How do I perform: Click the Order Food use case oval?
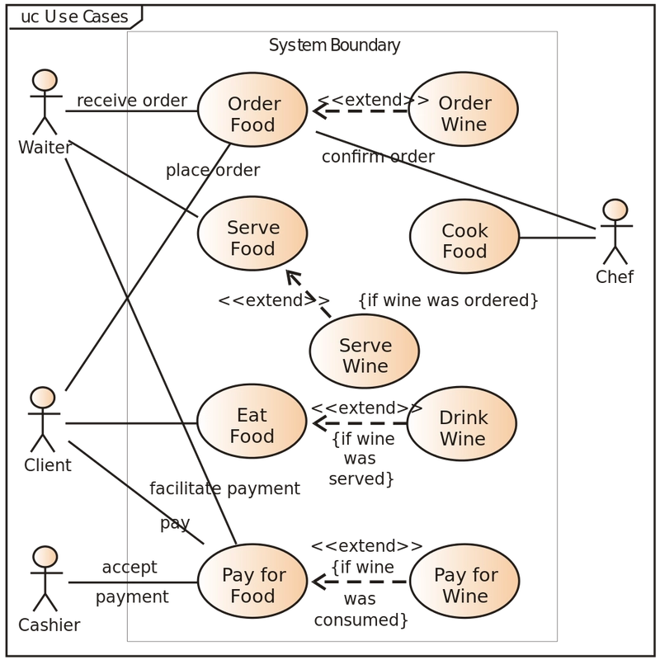pos(254,115)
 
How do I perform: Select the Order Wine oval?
pos(464,115)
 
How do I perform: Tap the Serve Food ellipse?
pos(254,238)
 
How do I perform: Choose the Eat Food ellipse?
pos(252,424)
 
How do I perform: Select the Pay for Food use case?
pos(254,584)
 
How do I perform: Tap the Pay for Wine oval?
pos(465,584)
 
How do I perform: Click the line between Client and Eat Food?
pos(128,424)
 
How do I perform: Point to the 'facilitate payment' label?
pos(224,488)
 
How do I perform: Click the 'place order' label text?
pos(213,172)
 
